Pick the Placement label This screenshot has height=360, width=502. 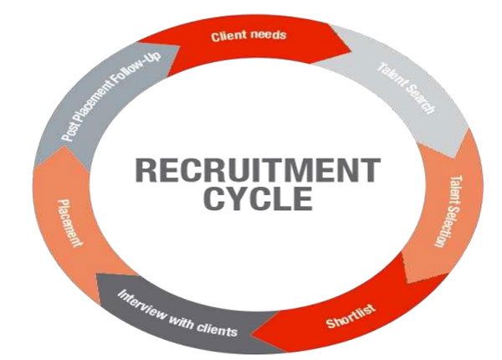coord(69,221)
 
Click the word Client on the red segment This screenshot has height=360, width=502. coord(226,36)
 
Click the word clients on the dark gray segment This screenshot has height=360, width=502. coord(218,328)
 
